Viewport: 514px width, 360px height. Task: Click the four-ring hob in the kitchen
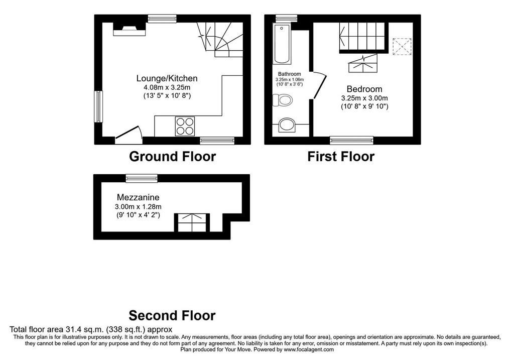185,126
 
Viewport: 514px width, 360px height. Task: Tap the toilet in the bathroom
282,100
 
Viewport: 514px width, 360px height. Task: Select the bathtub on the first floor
282,44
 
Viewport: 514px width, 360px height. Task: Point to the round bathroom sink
287,125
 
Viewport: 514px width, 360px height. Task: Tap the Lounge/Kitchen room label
167,78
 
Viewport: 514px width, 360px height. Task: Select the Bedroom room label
364,89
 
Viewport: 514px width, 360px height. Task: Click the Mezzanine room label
138,197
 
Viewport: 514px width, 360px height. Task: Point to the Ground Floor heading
173,156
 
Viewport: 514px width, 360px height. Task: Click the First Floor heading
341,156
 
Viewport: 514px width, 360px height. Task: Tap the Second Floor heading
172,315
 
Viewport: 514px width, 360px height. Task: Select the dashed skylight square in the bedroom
402,47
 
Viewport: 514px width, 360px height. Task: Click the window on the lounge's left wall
98,107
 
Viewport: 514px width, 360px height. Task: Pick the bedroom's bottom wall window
352,140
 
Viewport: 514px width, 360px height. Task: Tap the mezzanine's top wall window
142,178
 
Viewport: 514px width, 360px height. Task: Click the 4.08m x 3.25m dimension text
167,87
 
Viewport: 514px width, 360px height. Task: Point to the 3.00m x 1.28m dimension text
138,207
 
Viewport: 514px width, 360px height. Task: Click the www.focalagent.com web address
309,349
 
